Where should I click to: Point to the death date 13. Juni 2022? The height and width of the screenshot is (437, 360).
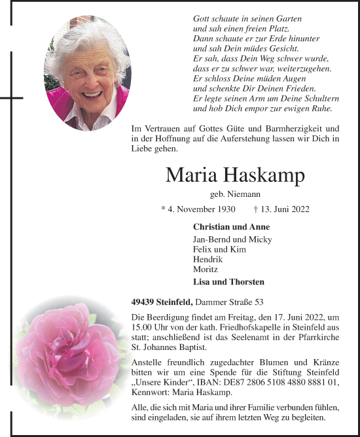tap(285, 209)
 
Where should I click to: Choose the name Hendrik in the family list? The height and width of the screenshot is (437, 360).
tap(208, 259)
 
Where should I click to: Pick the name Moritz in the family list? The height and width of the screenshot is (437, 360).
tap(206, 269)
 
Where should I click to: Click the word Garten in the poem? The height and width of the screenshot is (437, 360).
tap(270, 20)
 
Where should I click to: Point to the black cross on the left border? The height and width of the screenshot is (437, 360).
tap(10, 97)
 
